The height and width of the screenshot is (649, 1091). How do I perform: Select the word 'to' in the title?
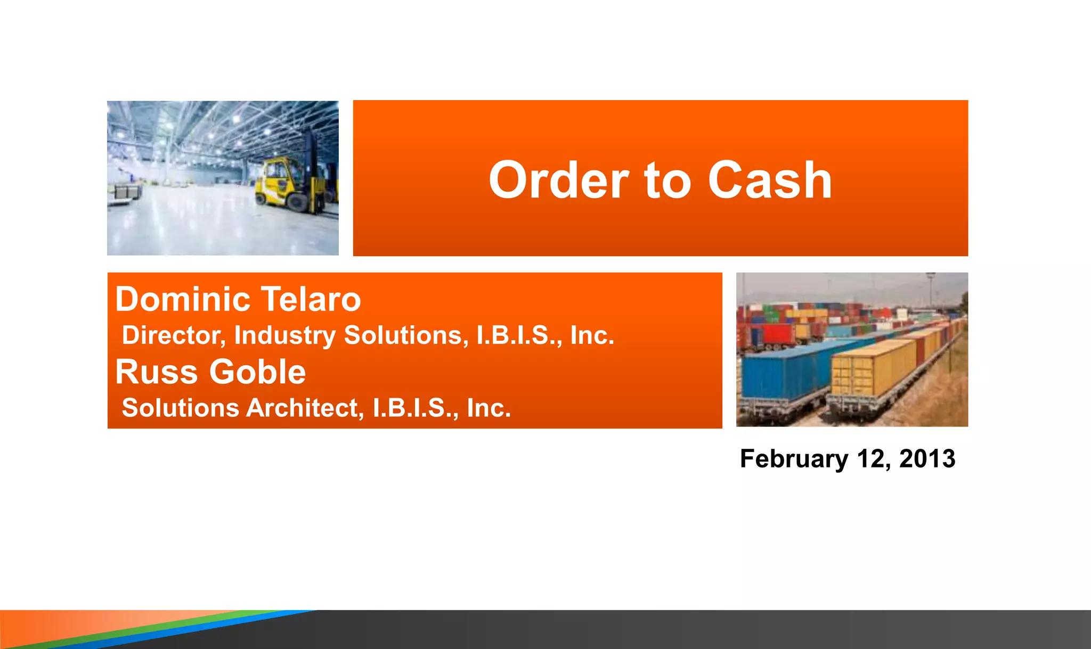click(x=668, y=181)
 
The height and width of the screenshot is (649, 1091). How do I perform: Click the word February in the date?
click(x=794, y=459)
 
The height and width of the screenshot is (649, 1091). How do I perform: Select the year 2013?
click(x=927, y=459)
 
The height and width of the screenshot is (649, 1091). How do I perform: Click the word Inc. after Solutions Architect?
click(x=488, y=408)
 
